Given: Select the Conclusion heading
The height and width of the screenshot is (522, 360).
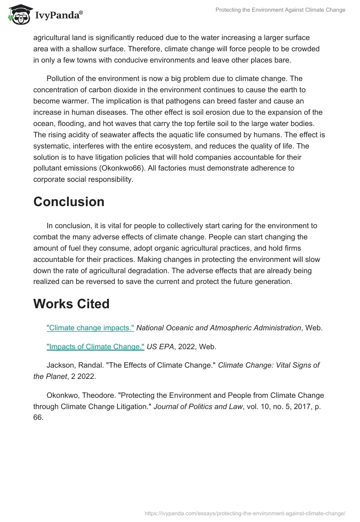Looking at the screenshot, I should pyautogui.click(x=69, y=202).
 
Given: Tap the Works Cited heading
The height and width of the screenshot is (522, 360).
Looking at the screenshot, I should pyautogui.click(x=71, y=304).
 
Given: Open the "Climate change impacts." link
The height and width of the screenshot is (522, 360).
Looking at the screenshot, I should pyautogui.click(x=90, y=328).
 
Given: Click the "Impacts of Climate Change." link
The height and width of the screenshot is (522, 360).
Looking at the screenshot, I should pyautogui.click(x=95, y=346).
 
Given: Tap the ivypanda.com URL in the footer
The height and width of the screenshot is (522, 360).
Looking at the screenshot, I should pyautogui.click(x=244, y=513).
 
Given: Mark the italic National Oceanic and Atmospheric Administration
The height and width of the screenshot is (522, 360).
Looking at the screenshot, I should pyautogui.click(x=218, y=328).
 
